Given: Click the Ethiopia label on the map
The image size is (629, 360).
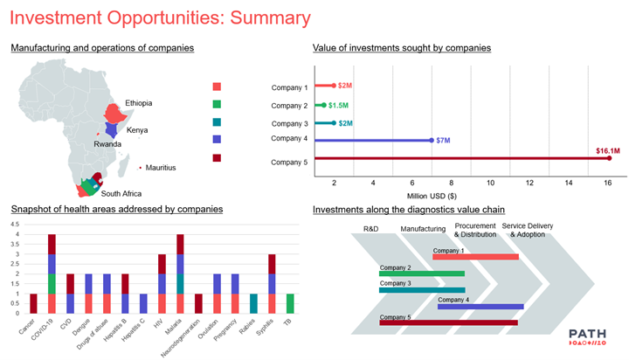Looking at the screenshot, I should tap(138, 103).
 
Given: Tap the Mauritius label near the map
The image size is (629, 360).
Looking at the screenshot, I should tap(161, 167).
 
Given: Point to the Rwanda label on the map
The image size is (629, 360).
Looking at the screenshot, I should tap(108, 144).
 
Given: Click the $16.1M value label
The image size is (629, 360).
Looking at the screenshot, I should tap(608, 150).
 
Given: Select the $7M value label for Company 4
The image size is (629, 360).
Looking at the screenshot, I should tap(443, 141).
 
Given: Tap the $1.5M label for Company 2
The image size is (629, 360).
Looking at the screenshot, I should tap(341, 105).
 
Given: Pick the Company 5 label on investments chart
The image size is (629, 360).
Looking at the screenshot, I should tap(289, 162).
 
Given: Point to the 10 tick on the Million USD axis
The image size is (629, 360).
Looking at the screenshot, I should tap(490, 183).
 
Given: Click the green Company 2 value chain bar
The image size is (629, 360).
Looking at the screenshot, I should tap(422, 273).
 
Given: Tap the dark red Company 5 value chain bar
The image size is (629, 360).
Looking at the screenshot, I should tap(448, 322).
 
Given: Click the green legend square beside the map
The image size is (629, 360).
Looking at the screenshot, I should tap(218, 105).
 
